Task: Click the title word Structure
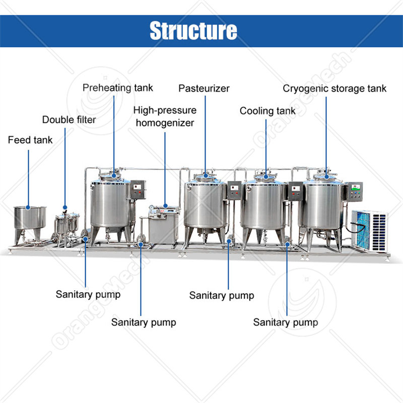coord(193,31)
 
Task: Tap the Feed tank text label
coord(30,140)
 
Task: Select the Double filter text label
coord(69,120)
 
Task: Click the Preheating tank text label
coord(118,88)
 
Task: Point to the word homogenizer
coord(165,122)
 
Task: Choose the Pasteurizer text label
coord(204,89)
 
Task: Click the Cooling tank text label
coord(267,111)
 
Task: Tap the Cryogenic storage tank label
coord(334,89)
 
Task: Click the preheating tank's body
coord(110,204)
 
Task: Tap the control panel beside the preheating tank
coord(138,190)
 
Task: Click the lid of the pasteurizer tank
coord(205,177)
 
